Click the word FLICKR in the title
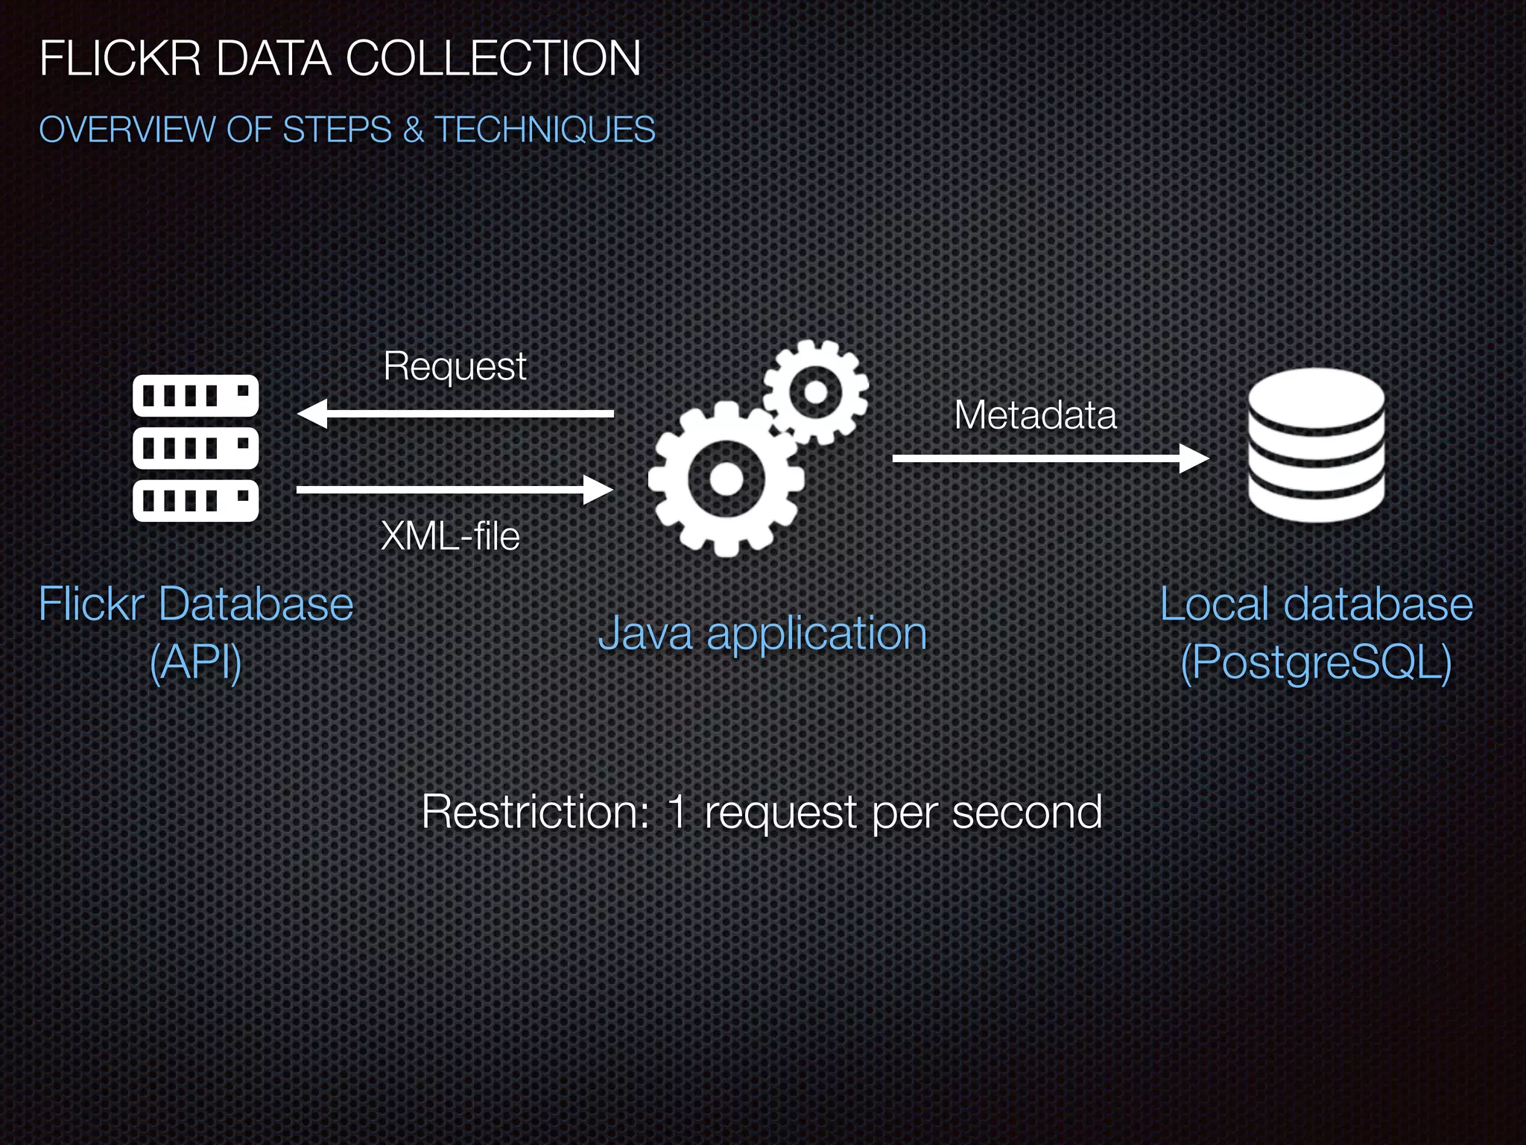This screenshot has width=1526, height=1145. (x=120, y=58)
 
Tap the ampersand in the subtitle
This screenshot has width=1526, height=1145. (x=412, y=130)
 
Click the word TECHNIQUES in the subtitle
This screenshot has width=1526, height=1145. (x=545, y=130)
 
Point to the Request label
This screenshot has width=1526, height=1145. (x=455, y=367)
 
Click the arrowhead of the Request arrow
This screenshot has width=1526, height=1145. (x=311, y=414)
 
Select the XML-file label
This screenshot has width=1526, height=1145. (x=450, y=536)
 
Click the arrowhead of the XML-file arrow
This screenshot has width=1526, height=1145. (x=598, y=490)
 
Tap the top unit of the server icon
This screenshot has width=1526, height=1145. (x=195, y=396)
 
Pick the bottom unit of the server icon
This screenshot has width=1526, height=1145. (x=195, y=500)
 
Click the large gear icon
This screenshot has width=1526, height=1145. (x=726, y=479)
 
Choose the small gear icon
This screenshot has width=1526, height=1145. (x=816, y=392)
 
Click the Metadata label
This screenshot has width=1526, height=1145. (x=1036, y=415)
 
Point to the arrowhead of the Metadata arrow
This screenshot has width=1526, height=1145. (x=1194, y=458)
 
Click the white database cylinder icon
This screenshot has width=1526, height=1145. (x=1317, y=445)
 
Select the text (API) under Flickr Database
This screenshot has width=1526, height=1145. (x=196, y=662)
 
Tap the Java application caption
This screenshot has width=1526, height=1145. (x=762, y=634)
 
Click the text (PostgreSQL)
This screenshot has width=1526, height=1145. (x=1317, y=662)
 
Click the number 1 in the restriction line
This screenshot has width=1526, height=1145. (x=677, y=811)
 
